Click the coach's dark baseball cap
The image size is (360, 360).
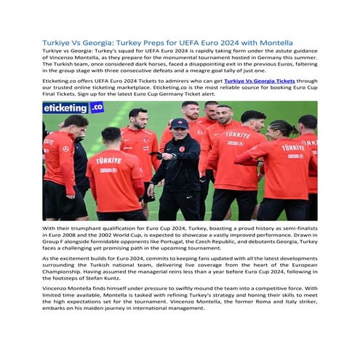pyautogui.click(x=179, y=124)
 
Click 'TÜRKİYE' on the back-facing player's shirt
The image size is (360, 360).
pyautogui.click(x=110, y=161)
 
